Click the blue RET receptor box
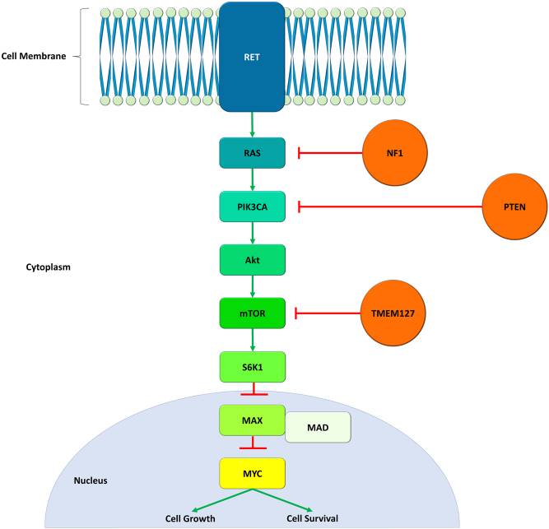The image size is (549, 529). point(252,56)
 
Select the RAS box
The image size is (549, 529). point(252,152)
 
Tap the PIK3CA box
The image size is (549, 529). point(252,206)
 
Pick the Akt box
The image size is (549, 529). point(252,260)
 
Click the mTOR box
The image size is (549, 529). point(252,313)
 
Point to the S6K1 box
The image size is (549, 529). point(252,366)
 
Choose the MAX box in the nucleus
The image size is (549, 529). point(252,420)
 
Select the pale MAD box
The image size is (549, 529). point(318,428)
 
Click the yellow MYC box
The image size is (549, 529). point(252,473)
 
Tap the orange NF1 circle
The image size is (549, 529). point(396,152)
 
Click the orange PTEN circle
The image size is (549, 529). point(514,206)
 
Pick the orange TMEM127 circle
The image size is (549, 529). point(396,313)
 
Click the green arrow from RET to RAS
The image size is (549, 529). point(252,123)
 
